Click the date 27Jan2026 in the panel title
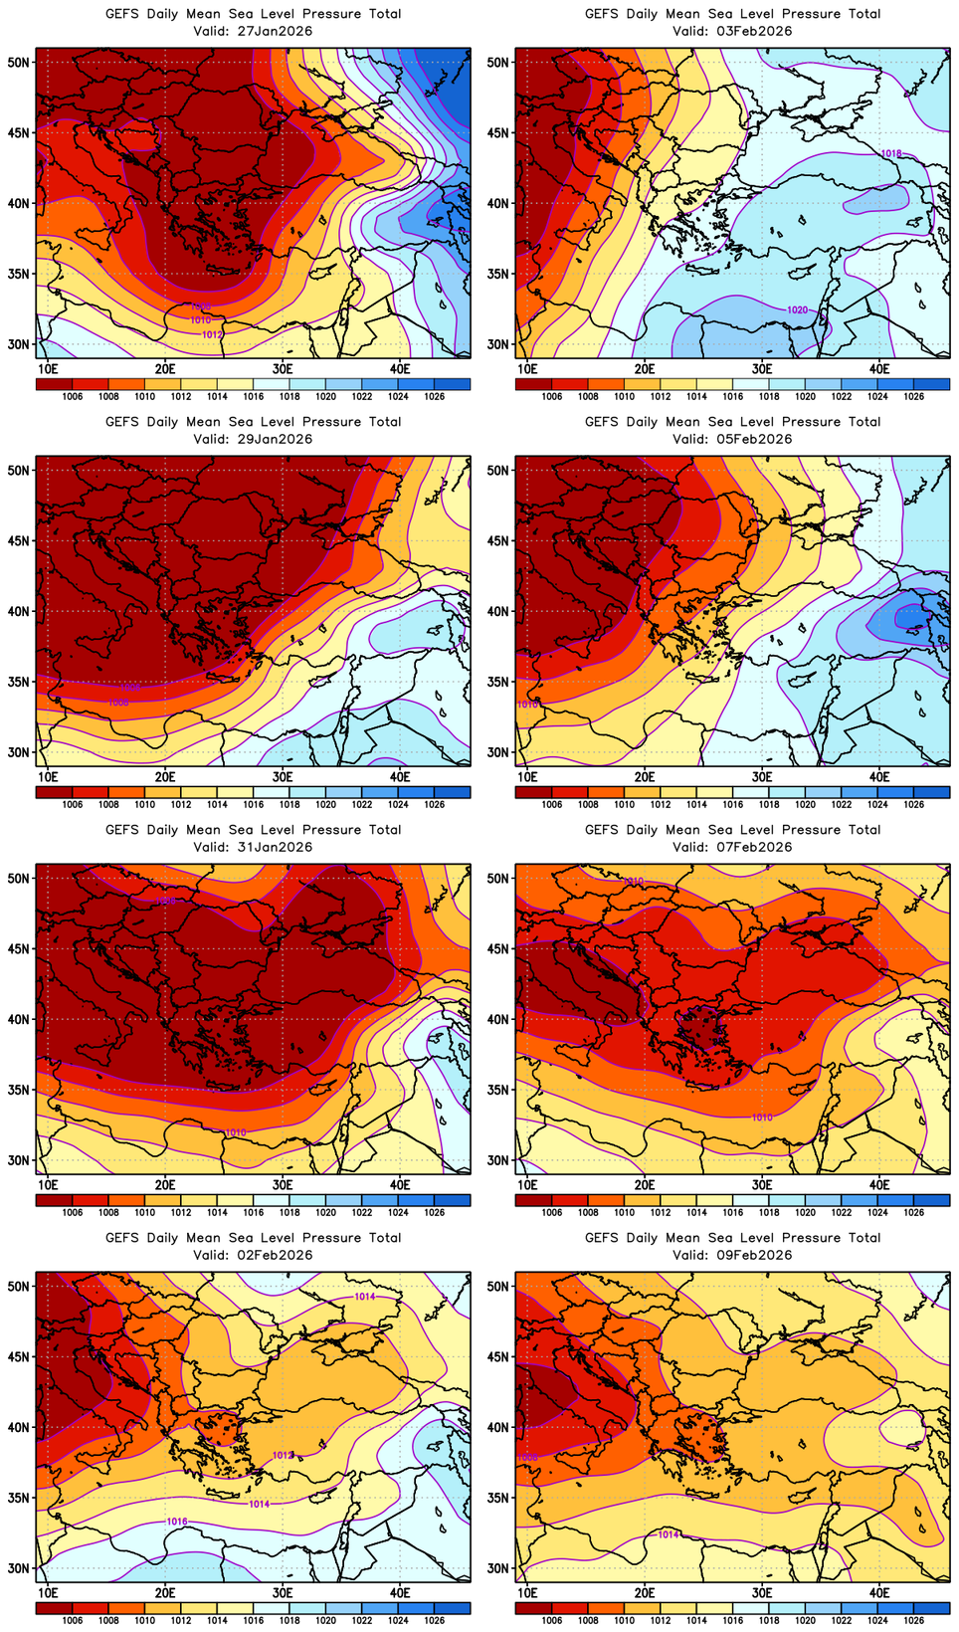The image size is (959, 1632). pyautogui.click(x=271, y=31)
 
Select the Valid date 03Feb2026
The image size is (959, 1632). pyautogui.click(x=750, y=31)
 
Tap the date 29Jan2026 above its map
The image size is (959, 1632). pyautogui.click(x=271, y=439)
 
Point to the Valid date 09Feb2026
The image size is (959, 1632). pyautogui.click(x=750, y=1255)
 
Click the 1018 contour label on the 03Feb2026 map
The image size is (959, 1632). pyautogui.click(x=891, y=153)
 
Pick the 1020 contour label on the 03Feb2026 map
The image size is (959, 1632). pyautogui.click(x=797, y=310)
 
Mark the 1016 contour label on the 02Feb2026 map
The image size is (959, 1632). pyautogui.click(x=177, y=1522)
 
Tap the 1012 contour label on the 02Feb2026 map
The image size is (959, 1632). pyautogui.click(x=283, y=1455)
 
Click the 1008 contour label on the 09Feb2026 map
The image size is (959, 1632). pyautogui.click(x=527, y=1457)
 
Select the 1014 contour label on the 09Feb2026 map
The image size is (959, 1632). pyautogui.click(x=669, y=1534)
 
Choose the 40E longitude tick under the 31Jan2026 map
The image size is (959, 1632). pyautogui.click(x=400, y=1185)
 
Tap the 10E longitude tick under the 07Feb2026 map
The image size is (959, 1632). pyautogui.click(x=527, y=1185)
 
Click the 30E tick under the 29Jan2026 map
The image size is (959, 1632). pyautogui.click(x=283, y=777)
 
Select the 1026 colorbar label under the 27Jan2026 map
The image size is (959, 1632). pyautogui.click(x=435, y=396)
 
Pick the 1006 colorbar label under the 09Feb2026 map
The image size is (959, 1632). pyautogui.click(x=552, y=1620)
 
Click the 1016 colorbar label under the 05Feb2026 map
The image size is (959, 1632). pyautogui.click(x=733, y=804)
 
